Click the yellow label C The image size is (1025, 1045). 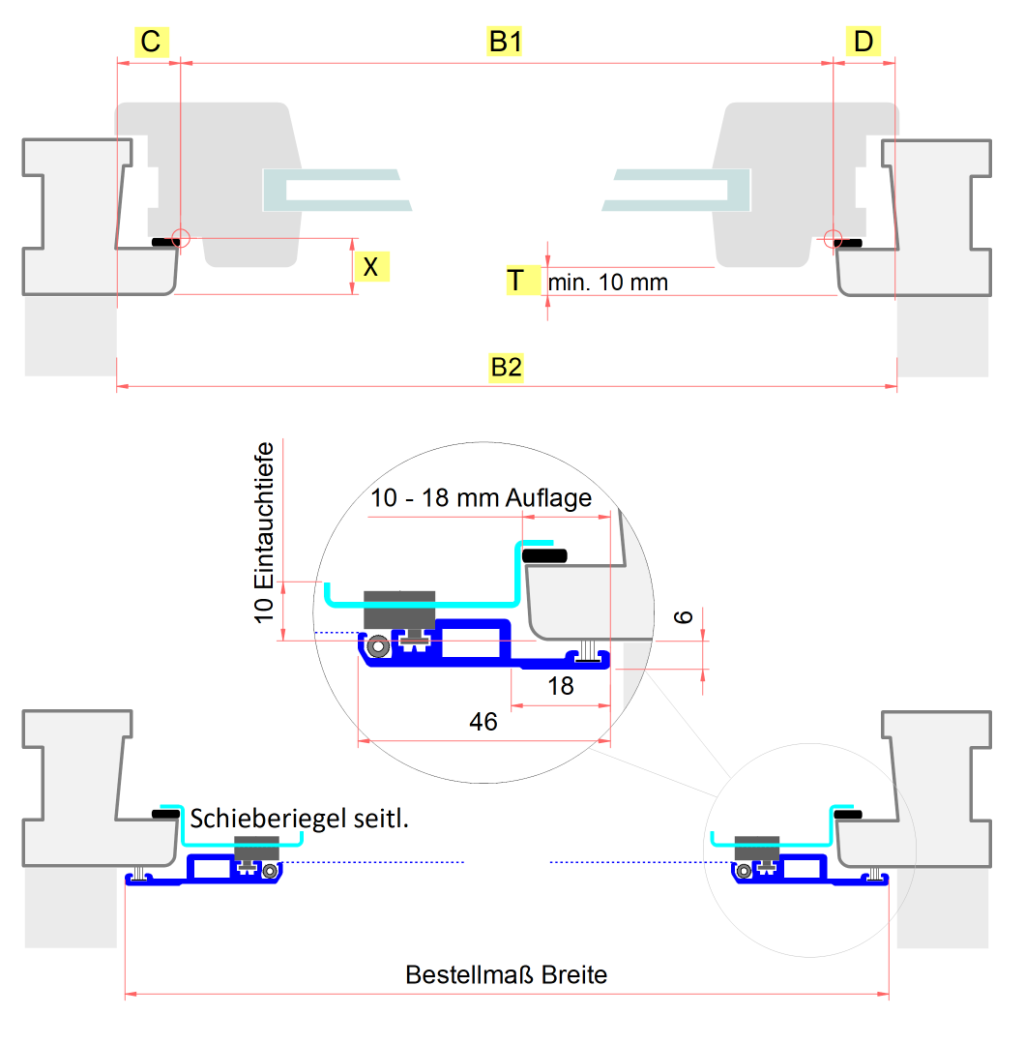(x=150, y=43)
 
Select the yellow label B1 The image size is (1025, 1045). (x=506, y=43)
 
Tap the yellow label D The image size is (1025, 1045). (x=864, y=43)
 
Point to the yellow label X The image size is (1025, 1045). (x=371, y=266)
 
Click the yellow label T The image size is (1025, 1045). (x=518, y=281)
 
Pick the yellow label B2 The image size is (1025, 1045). (x=506, y=368)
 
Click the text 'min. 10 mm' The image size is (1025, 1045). (x=608, y=283)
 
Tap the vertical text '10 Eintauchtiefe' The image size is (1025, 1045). (x=266, y=532)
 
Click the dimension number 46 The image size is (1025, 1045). (x=483, y=722)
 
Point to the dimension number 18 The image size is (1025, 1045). (x=561, y=686)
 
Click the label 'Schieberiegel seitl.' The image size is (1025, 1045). (x=300, y=819)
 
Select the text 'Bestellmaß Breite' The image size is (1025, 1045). (x=506, y=974)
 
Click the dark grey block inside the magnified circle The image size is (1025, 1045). (x=398, y=609)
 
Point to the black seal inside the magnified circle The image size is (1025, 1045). (x=544, y=555)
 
